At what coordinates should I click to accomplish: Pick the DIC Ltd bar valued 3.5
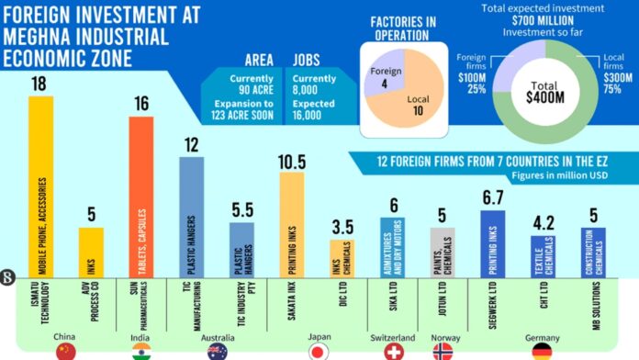(342, 258)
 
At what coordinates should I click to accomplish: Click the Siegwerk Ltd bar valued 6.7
(492, 243)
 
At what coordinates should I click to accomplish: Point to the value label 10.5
(291, 161)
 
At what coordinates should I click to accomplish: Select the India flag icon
(140, 351)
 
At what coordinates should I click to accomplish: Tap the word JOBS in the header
(307, 60)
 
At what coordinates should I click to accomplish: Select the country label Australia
(218, 337)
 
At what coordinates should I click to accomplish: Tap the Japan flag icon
(318, 351)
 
